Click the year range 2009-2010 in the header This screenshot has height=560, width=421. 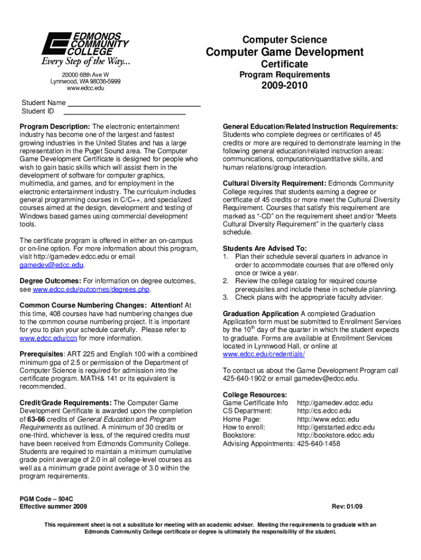[x=284, y=86]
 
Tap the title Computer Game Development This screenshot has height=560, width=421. [x=284, y=52]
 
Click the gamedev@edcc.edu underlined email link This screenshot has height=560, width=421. [x=51, y=265]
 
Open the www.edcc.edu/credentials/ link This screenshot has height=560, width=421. [x=264, y=354]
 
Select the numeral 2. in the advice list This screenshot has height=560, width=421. [x=226, y=281]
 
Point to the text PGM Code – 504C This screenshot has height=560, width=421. [x=46, y=499]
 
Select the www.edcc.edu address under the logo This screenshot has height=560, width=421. [x=85, y=88]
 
